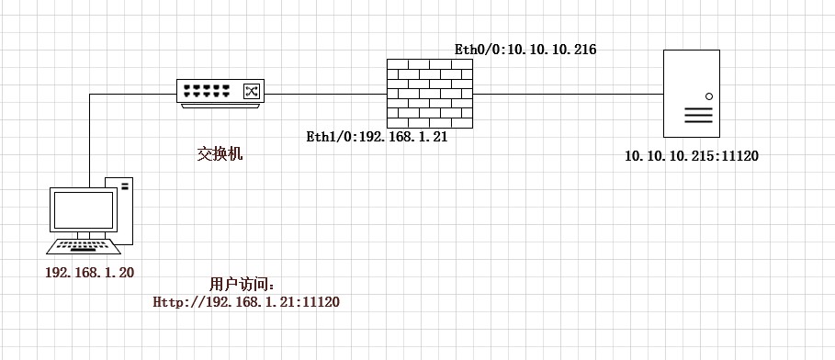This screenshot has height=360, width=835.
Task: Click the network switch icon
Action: click(220, 93)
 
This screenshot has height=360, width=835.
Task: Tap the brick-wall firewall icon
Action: click(430, 94)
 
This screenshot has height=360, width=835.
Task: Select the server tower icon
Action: click(691, 94)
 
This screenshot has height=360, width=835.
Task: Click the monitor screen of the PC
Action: click(84, 209)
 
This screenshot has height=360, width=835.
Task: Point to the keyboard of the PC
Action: click(84, 246)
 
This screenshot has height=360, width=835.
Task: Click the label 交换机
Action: click(220, 154)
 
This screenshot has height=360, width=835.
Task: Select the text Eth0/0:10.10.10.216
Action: click(525, 51)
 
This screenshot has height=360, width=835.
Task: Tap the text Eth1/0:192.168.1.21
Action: click(377, 137)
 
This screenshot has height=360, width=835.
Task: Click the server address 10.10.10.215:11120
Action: click(691, 156)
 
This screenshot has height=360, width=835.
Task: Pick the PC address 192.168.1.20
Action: click(89, 273)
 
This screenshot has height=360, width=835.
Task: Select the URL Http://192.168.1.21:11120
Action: click(246, 302)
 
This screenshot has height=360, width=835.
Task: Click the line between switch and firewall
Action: click(325, 95)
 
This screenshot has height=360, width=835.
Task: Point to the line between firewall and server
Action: click(568, 95)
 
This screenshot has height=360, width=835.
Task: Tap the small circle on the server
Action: click(709, 96)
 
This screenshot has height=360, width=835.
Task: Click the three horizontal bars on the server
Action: click(698, 115)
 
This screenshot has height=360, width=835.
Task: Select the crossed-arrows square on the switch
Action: click(251, 91)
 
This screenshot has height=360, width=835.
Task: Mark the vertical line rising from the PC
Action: click(89, 141)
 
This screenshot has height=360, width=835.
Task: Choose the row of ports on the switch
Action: click(206, 91)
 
